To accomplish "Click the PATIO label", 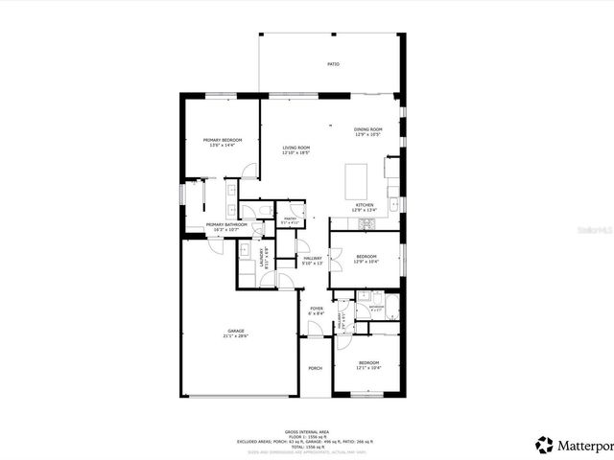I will [x=333, y=64].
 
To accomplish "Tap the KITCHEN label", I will [x=365, y=207].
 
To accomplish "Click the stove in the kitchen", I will [x=366, y=225].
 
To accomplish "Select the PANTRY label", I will [x=289, y=219].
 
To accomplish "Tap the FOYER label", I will [x=316, y=310].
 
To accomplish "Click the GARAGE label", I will [x=236, y=332].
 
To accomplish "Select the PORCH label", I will [x=315, y=368].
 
